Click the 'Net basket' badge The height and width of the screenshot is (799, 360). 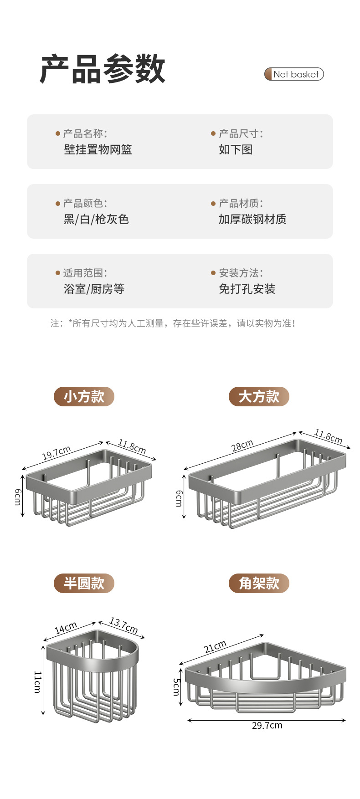[x=294, y=74]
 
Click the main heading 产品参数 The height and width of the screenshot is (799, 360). [x=103, y=69]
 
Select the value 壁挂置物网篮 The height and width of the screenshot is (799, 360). [x=98, y=149]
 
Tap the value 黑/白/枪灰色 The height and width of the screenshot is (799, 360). [x=96, y=219]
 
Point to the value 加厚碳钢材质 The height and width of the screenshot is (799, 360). [x=252, y=219]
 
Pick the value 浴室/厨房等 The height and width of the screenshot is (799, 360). [x=94, y=289]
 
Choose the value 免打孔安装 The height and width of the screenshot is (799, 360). [x=247, y=289]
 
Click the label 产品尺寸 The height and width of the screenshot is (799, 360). [x=240, y=133]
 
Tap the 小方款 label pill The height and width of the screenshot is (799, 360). [x=84, y=396]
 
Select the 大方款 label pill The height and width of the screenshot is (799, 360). [x=259, y=396]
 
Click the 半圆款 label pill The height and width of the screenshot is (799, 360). [x=84, y=583]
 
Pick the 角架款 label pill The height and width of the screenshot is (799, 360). [x=259, y=583]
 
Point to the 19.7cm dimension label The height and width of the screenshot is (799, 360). [x=57, y=452]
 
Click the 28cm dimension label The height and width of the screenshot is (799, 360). [x=242, y=446]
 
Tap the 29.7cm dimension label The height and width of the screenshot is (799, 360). [x=267, y=726]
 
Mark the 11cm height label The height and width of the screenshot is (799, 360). [x=37, y=681]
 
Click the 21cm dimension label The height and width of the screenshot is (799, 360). [x=215, y=646]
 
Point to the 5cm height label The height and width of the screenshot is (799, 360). [x=176, y=687]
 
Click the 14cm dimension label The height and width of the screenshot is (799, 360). [x=66, y=628]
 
